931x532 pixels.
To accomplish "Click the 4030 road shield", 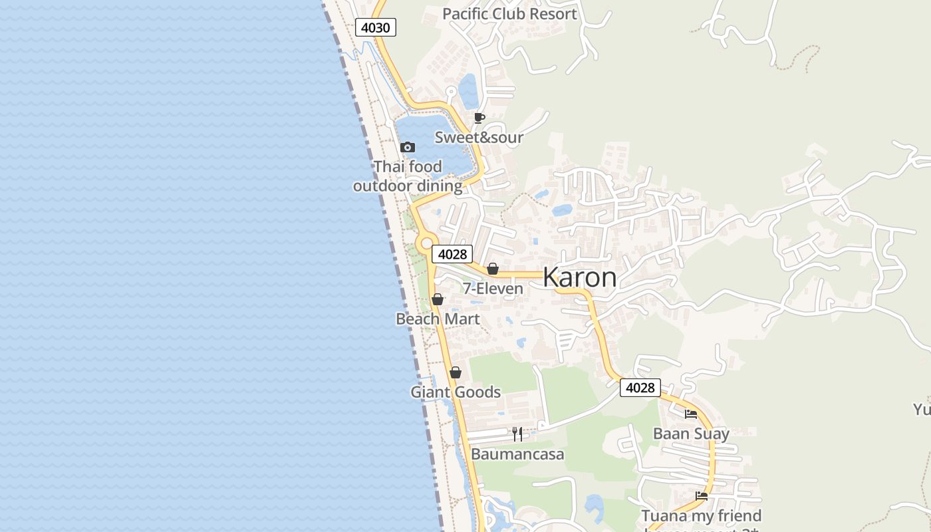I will pyautogui.click(x=375, y=27).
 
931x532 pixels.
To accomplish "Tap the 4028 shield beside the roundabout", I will pyautogui.click(x=452, y=253).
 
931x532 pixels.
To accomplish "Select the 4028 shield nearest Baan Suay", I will pyautogui.click(x=640, y=388).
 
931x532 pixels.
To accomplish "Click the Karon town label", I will pyautogui.click(x=579, y=277).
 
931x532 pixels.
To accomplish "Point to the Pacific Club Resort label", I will pyautogui.click(x=509, y=14).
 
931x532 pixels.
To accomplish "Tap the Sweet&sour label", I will pyautogui.click(x=479, y=138).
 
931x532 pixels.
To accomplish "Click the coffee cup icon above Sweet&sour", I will pyautogui.click(x=479, y=118).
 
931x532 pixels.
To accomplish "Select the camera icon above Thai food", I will pyautogui.click(x=408, y=147).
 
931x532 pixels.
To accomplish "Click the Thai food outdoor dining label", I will pyautogui.click(x=408, y=176).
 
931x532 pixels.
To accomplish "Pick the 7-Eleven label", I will pyautogui.click(x=493, y=289).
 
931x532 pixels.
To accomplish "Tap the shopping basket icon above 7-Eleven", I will pyautogui.click(x=493, y=269).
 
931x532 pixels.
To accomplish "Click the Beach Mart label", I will pyautogui.click(x=438, y=319).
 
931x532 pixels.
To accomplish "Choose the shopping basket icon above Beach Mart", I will pyautogui.click(x=438, y=299).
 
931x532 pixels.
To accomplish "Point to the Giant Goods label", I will pyautogui.click(x=456, y=392).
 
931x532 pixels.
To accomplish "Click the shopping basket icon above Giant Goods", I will pyautogui.click(x=456, y=372).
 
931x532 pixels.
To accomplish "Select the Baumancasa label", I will pyautogui.click(x=517, y=454).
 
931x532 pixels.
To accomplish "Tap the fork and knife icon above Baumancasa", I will pyautogui.click(x=517, y=434).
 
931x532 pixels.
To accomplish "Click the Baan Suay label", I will pyautogui.click(x=691, y=434).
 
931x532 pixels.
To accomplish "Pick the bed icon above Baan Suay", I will pyautogui.click(x=691, y=414).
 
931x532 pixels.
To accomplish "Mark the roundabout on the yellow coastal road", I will pyautogui.click(x=426, y=244).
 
